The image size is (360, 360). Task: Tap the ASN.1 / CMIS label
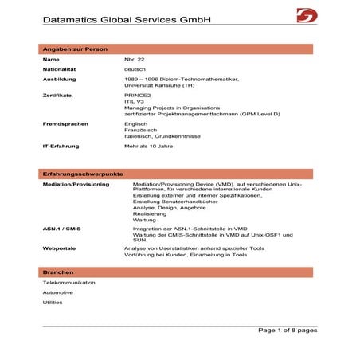pos(60,229)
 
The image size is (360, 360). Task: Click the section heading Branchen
pos(57,272)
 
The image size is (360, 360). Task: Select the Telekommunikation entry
pos(69,283)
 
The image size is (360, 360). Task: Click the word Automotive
pos(57,292)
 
